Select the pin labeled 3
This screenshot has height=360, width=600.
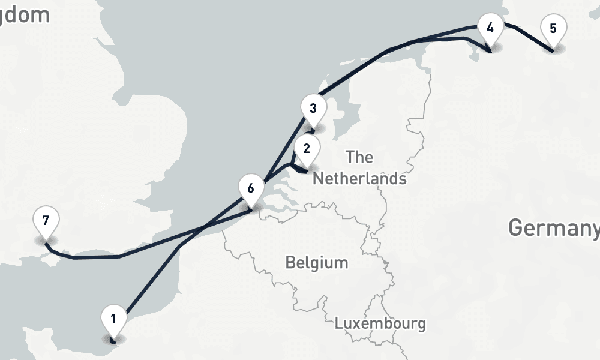pyautogui.click(x=313, y=110)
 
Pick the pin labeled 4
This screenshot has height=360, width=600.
pyautogui.click(x=490, y=29)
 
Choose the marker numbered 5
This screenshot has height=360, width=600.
pyautogui.click(x=553, y=30)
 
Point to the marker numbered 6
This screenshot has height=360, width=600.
pyautogui.click(x=251, y=190)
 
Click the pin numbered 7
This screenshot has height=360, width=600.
pyautogui.click(x=46, y=222)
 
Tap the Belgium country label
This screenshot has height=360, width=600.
pyautogui.click(x=316, y=263)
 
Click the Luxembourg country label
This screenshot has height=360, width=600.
pyautogui.click(x=380, y=324)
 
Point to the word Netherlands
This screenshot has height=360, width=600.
pyautogui.click(x=359, y=179)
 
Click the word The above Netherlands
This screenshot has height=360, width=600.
pyautogui.click(x=359, y=158)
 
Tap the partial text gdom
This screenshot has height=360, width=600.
pyautogui.click(x=25, y=15)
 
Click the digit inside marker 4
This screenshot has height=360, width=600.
pyautogui.click(x=490, y=27)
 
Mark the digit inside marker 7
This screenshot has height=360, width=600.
pyautogui.click(x=46, y=220)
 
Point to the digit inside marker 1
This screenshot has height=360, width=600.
pyautogui.click(x=113, y=319)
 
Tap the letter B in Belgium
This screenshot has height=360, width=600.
pyautogui.click(x=290, y=263)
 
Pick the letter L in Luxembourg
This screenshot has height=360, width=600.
pyautogui.click(x=339, y=324)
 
